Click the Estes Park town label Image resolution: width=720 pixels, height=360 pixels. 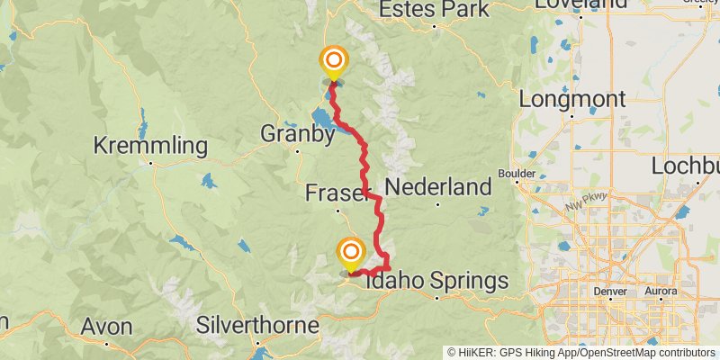pyautogui.click(x=435, y=9)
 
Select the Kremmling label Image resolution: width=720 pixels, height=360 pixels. pyautogui.click(x=150, y=146)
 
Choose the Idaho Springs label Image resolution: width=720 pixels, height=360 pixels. pyautogui.click(x=437, y=282)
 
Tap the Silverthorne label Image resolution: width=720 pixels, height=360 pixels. pyautogui.click(x=258, y=324)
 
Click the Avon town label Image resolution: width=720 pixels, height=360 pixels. pyautogui.click(x=106, y=326)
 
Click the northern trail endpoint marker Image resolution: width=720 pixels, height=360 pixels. pyautogui.click(x=333, y=62)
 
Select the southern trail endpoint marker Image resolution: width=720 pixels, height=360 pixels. pyautogui.click(x=350, y=252)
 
